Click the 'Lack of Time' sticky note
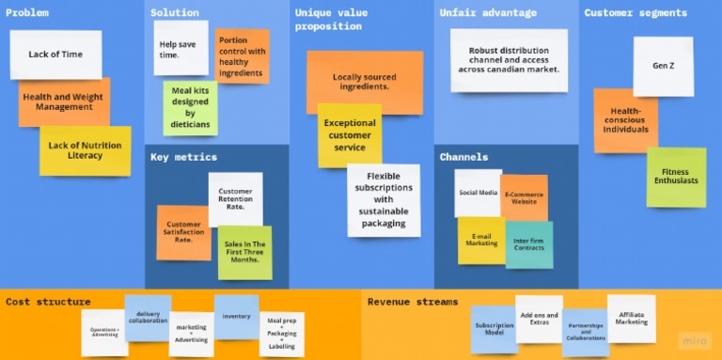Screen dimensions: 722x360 point(55,55)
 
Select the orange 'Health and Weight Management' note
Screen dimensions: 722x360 point(64,102)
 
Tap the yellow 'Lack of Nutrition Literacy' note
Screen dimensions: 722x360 point(85,151)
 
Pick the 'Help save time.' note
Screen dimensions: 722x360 point(180,49)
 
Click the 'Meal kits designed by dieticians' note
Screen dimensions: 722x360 point(191,107)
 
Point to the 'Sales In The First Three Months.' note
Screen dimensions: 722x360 point(245,252)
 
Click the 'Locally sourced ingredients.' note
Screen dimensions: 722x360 point(365,81)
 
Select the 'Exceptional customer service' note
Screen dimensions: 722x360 point(350,135)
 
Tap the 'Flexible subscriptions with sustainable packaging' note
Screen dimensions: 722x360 point(384,199)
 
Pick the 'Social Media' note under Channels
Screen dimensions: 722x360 point(477,192)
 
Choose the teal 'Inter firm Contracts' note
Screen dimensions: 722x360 point(529,244)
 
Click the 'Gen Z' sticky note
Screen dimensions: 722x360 point(663,66)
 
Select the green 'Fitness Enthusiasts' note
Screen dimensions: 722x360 point(676,177)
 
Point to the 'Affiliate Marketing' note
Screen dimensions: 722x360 point(631,318)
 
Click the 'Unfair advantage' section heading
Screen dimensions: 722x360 point(488,13)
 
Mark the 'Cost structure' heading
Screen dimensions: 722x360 point(48,302)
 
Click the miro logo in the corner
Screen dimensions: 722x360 point(694,340)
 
